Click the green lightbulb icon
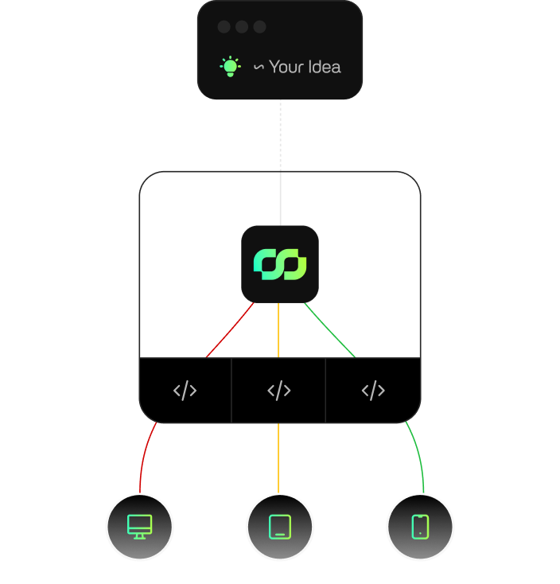point(230,66)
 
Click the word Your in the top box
point(286,67)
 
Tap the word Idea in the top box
point(324,67)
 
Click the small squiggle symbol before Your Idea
point(259,67)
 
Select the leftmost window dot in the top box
point(224,27)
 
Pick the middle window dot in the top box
point(242,27)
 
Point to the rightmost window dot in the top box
point(259,27)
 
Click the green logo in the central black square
point(280,264)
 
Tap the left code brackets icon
point(185,391)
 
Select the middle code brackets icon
point(279,391)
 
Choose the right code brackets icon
point(373,391)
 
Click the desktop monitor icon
point(140,527)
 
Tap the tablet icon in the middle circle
point(280,527)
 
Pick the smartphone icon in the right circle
point(420,527)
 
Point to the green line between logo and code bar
point(329,330)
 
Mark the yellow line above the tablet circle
point(278,458)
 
